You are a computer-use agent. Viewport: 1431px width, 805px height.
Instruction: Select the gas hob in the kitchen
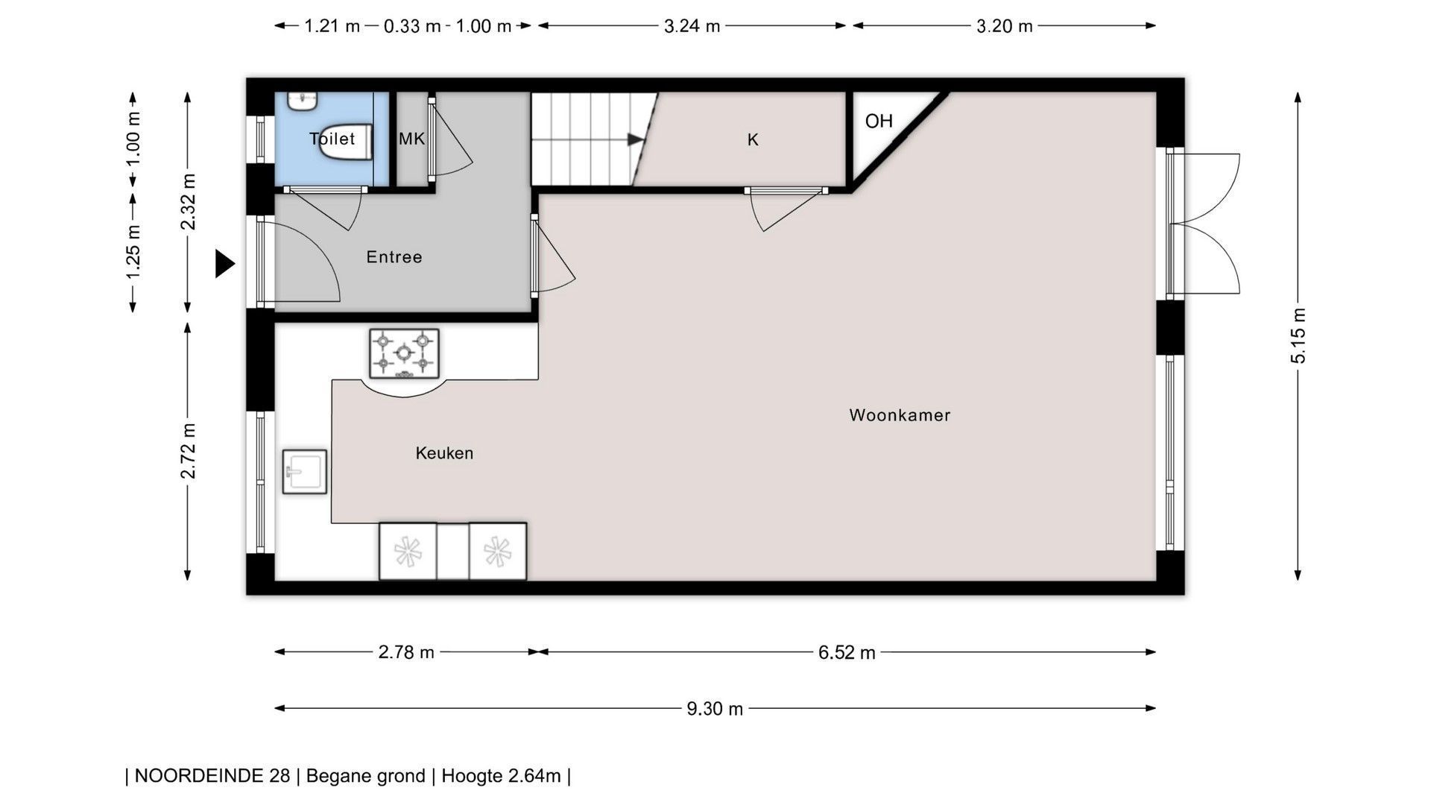pyautogui.click(x=404, y=353)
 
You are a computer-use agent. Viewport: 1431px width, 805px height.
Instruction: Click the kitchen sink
pyautogui.click(x=305, y=471)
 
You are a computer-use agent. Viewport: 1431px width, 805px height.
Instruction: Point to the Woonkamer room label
pyautogui.click(x=900, y=415)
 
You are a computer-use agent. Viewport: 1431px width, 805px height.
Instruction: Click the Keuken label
pyautogui.click(x=444, y=453)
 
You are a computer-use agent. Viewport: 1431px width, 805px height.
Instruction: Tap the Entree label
pyautogui.click(x=394, y=257)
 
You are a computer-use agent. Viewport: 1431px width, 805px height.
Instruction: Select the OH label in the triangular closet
pyautogui.click(x=879, y=121)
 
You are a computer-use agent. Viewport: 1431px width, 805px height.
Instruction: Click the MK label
pyautogui.click(x=411, y=139)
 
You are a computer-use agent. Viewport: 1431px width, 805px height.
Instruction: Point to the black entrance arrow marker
pyautogui.click(x=224, y=264)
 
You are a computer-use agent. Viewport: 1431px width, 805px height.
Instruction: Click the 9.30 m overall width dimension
pyautogui.click(x=715, y=709)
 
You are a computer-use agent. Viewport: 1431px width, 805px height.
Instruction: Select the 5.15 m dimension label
pyautogui.click(x=1298, y=335)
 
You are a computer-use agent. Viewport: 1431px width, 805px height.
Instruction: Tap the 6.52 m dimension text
pyautogui.click(x=847, y=653)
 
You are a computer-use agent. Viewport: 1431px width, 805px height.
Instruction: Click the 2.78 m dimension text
pyautogui.click(x=406, y=653)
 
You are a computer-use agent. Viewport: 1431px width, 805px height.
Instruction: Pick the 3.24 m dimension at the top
pyautogui.click(x=692, y=26)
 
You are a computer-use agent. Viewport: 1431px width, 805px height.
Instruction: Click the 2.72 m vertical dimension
pyautogui.click(x=188, y=451)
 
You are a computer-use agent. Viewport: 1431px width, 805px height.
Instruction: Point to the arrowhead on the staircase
pyautogui.click(x=636, y=139)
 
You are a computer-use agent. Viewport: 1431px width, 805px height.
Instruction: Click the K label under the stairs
pyautogui.click(x=753, y=139)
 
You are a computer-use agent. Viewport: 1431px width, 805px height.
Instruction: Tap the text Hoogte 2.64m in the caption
pyautogui.click(x=501, y=776)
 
